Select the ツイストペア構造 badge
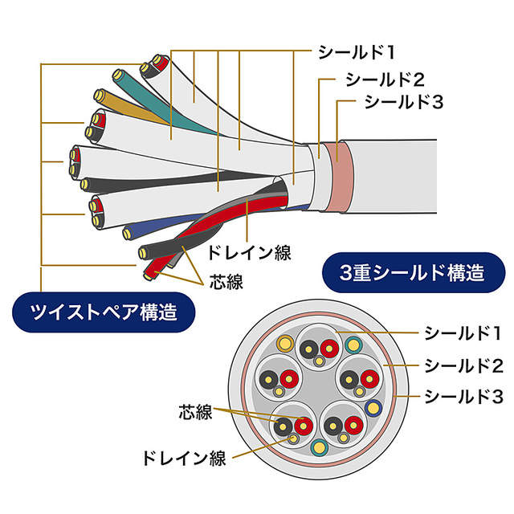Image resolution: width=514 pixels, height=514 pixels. point(104,310)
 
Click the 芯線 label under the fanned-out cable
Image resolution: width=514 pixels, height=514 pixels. point(226,281)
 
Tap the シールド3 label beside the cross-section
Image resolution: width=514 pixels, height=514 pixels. point(463,396)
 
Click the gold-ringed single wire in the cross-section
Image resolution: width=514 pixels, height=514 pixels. point(283,344)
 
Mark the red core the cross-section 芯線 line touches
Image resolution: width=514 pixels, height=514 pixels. point(303,426)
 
